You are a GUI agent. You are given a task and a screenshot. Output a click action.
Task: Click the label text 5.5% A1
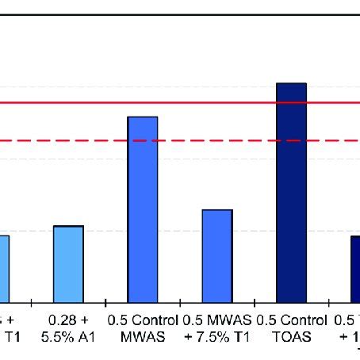click(x=69, y=335)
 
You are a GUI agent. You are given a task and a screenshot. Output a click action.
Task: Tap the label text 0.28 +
click(x=69, y=321)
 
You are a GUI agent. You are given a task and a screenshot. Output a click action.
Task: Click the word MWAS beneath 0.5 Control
click(x=143, y=335)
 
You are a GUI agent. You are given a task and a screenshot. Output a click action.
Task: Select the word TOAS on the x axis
click(x=291, y=335)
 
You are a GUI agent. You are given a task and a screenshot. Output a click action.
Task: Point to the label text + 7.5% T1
click(x=217, y=335)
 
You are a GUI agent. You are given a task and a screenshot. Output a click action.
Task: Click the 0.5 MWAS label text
click(x=217, y=321)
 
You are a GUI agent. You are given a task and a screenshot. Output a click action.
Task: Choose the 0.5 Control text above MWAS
click(x=143, y=321)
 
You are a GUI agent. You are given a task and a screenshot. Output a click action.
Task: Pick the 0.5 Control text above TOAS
click(x=291, y=321)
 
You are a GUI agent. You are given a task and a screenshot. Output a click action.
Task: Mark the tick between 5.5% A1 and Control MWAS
click(x=105, y=302)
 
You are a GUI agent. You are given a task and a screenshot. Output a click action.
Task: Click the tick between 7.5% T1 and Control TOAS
click(x=254, y=302)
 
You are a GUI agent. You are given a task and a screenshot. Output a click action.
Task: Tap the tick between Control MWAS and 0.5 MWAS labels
click(x=180, y=302)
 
